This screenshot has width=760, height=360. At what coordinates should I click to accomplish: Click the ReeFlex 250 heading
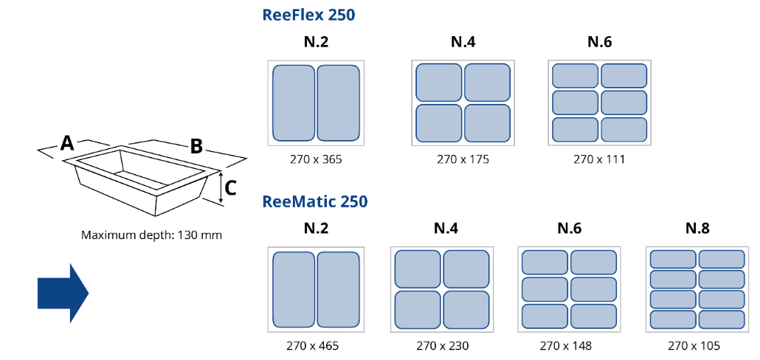pyautogui.click(x=308, y=15)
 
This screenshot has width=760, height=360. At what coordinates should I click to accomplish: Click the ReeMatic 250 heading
pyautogui.click(x=314, y=201)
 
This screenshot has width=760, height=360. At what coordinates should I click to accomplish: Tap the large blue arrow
pyautogui.click(x=63, y=293)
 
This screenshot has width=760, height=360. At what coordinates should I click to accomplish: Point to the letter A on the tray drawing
pyautogui.click(x=67, y=143)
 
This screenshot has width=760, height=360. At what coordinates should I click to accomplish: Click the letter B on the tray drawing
pyautogui.click(x=196, y=146)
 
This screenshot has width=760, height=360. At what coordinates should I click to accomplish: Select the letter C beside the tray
pyautogui.click(x=231, y=188)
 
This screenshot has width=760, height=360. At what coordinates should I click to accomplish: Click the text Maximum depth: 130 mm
pyautogui.click(x=152, y=236)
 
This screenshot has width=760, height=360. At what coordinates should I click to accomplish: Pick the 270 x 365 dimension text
pyautogui.click(x=316, y=159)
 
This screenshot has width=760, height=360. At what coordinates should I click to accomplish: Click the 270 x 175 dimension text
pyautogui.click(x=463, y=159)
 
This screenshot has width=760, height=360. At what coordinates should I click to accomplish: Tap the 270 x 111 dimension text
pyautogui.click(x=599, y=159)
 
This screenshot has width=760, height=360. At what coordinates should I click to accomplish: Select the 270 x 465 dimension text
pyautogui.click(x=316, y=346)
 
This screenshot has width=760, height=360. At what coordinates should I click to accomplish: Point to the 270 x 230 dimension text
pyautogui.click(x=443, y=346)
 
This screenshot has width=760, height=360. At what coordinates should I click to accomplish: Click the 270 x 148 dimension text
pyautogui.click(x=566, y=346)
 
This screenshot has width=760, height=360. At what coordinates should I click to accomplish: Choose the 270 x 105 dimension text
pyautogui.click(x=694, y=346)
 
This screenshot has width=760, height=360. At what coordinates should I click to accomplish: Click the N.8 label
pyautogui.click(x=697, y=228)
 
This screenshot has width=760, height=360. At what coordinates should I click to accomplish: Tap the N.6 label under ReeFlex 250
pyautogui.click(x=600, y=42)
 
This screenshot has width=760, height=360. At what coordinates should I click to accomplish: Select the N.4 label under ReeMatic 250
pyautogui.click(x=446, y=228)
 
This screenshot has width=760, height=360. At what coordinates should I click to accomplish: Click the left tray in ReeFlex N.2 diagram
pyautogui.click(x=294, y=103)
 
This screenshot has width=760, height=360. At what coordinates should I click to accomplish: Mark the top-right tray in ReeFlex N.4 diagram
pyautogui.click(x=487, y=83)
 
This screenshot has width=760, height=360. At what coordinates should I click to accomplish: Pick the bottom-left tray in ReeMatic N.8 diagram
pyautogui.click(x=673, y=319)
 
